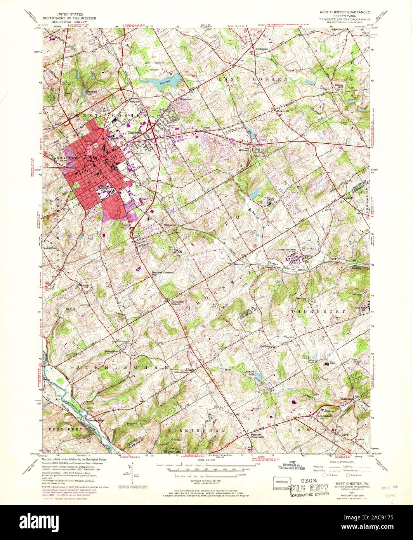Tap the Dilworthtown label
pyautogui.click(x=183, y=372)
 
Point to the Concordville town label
pyautogui.click(x=328, y=415)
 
